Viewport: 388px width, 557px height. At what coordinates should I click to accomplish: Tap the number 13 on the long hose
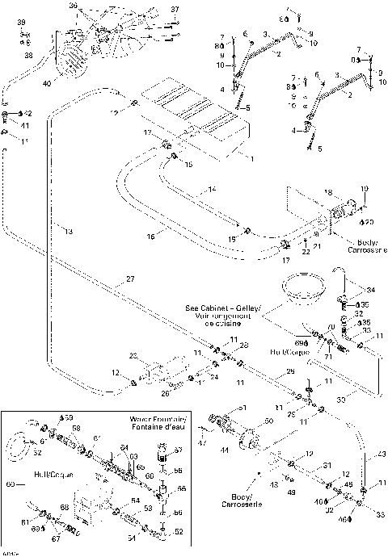click(x=70, y=232)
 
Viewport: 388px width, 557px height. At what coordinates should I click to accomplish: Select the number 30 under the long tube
click(x=341, y=398)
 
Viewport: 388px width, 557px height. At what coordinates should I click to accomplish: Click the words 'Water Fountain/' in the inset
click(x=158, y=421)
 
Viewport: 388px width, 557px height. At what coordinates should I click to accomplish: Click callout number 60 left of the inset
click(x=11, y=485)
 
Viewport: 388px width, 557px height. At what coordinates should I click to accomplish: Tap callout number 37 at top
click(x=174, y=10)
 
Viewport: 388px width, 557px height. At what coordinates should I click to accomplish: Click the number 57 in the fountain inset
click(x=179, y=449)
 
